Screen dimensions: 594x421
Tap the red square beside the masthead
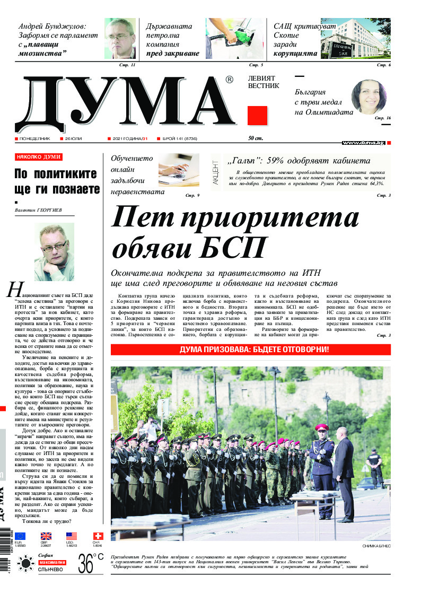click(257, 116)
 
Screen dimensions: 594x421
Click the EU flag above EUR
click(20, 536)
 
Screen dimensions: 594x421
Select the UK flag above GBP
click(46, 536)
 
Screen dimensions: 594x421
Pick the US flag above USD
click(72, 536)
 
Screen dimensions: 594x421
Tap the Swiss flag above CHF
click(98, 536)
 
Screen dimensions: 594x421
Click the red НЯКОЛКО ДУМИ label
click(39, 157)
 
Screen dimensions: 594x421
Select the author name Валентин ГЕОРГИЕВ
click(39, 210)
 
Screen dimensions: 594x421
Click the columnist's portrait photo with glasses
click(54, 252)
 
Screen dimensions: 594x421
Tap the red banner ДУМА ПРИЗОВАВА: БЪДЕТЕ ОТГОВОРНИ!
click(250, 350)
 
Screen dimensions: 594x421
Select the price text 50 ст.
click(256, 139)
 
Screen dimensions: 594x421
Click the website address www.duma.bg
click(363, 143)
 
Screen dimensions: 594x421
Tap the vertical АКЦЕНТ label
click(215, 171)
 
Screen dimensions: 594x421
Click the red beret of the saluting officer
click(321, 427)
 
